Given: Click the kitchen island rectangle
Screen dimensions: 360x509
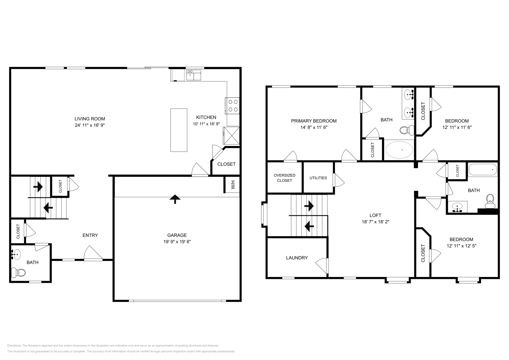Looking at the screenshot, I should (179, 130).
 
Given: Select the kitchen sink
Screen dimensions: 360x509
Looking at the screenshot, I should (194, 75).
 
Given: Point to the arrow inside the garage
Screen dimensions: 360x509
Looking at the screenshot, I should (175, 199).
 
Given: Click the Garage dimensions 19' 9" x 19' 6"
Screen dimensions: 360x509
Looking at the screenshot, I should (177, 241).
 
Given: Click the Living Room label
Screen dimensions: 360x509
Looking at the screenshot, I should (90, 119).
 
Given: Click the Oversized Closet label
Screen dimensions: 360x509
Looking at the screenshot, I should (284, 178).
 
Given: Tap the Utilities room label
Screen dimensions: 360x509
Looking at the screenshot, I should (318, 178).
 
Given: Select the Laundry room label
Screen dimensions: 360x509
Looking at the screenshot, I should (297, 258).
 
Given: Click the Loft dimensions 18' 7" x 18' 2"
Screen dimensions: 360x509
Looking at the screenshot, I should (375, 222).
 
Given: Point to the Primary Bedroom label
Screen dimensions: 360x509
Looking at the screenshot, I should (314, 121).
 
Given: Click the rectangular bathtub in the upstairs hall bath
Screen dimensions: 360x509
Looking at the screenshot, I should (483, 170).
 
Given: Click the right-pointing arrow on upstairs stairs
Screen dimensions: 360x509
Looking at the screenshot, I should (309, 206).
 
